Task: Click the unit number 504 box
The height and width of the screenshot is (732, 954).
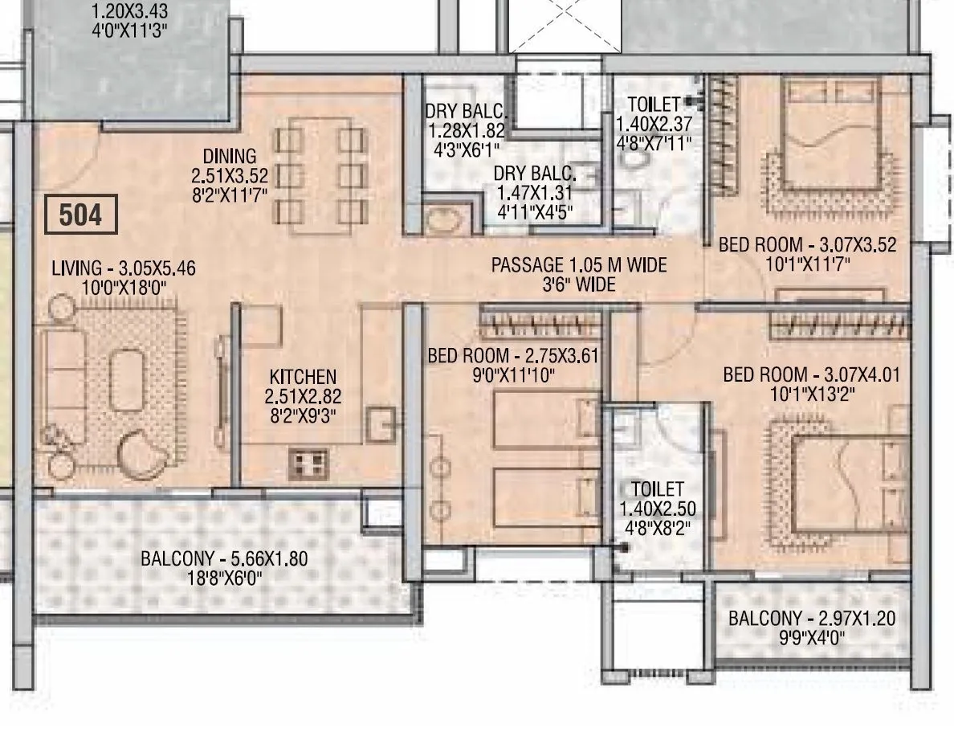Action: (x=81, y=215)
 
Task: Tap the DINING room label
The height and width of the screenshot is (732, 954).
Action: (x=229, y=156)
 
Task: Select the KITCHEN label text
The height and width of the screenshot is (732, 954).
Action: (x=302, y=377)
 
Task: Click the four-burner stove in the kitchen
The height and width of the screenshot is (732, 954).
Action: (x=308, y=463)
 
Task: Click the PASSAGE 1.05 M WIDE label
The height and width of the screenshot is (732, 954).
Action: (x=578, y=265)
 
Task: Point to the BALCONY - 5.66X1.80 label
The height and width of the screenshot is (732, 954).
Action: (x=223, y=559)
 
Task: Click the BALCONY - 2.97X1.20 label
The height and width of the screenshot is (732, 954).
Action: (x=811, y=619)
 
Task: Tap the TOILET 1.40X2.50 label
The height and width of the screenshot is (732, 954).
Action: (x=657, y=489)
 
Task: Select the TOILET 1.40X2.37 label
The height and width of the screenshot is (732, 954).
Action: (x=653, y=104)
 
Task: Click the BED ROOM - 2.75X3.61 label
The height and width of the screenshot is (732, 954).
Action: (x=513, y=356)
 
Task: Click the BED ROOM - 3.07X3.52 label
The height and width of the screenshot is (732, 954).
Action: (x=806, y=245)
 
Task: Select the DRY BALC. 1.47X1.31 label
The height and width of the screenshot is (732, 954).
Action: (x=534, y=174)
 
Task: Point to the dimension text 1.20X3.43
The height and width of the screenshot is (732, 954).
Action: (x=129, y=13)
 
